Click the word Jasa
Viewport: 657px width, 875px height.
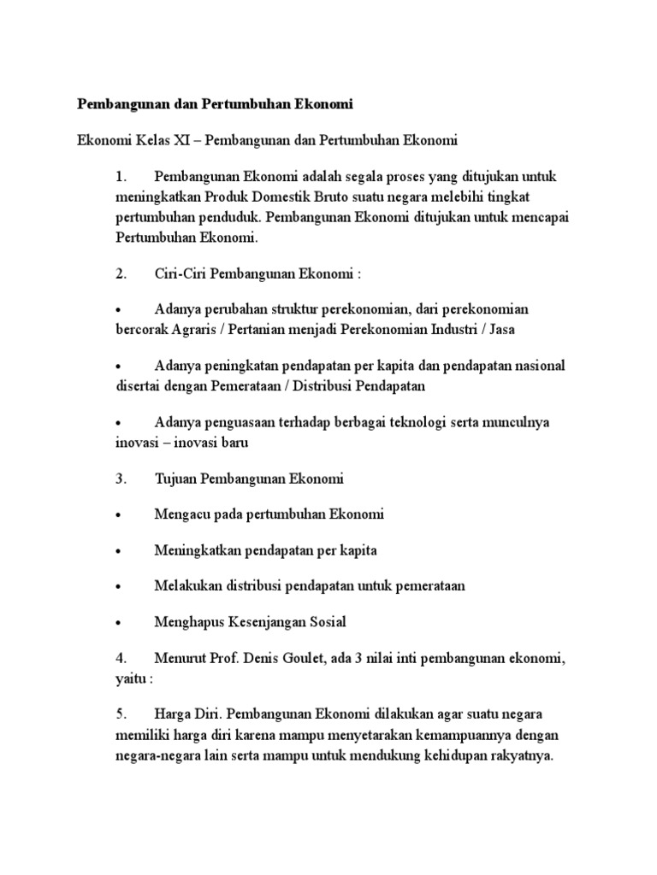498,329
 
